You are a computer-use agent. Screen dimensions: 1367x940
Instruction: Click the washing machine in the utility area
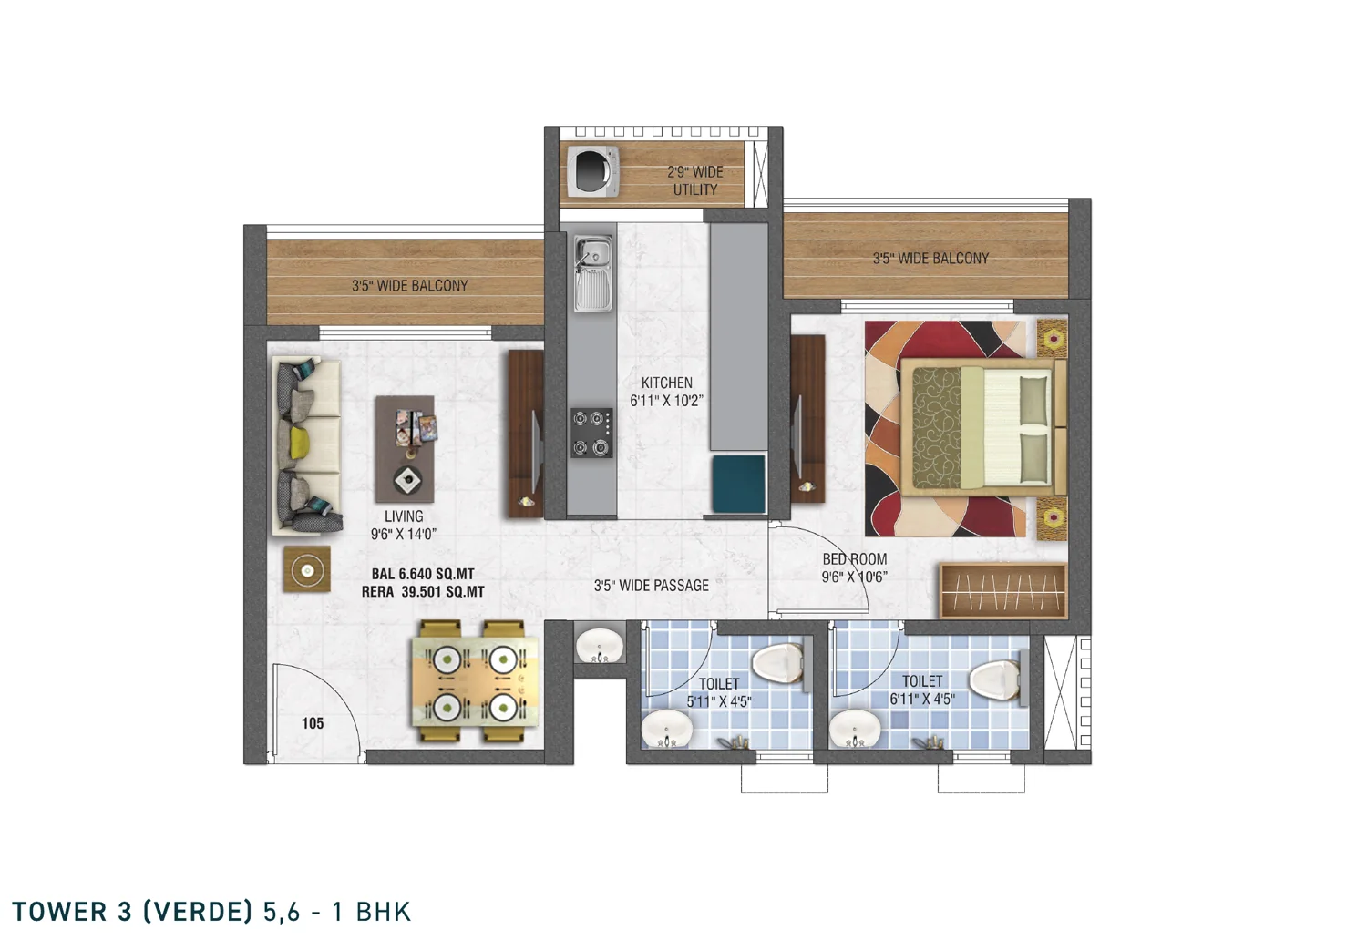pos(592,171)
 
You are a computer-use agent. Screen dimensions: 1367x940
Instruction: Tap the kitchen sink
pos(592,274)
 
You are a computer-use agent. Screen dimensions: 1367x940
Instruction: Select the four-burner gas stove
pos(592,433)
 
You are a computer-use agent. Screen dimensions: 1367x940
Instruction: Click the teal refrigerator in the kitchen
pos(738,484)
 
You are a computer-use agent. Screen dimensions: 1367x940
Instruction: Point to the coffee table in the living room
pos(405,449)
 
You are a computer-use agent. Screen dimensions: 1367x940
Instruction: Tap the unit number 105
pos(313,723)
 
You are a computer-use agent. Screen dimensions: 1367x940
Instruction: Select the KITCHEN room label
pos(666,383)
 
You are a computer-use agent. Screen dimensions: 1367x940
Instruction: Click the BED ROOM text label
pos(855,558)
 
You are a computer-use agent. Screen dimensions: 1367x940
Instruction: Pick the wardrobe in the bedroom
pos(1003,591)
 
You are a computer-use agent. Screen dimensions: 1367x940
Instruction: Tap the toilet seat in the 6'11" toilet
pos(995,678)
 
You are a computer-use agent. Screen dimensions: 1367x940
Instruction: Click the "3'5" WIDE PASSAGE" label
pos(652,586)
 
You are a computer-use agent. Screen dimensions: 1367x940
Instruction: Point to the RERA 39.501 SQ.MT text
pos(423,592)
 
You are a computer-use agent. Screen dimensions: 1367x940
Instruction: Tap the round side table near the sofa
pos(307,569)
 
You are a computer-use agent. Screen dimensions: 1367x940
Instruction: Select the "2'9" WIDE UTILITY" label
pos(695,180)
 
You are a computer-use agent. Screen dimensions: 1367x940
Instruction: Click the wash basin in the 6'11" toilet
pos(855,729)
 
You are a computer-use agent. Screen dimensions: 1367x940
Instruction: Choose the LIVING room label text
pos(404,516)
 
